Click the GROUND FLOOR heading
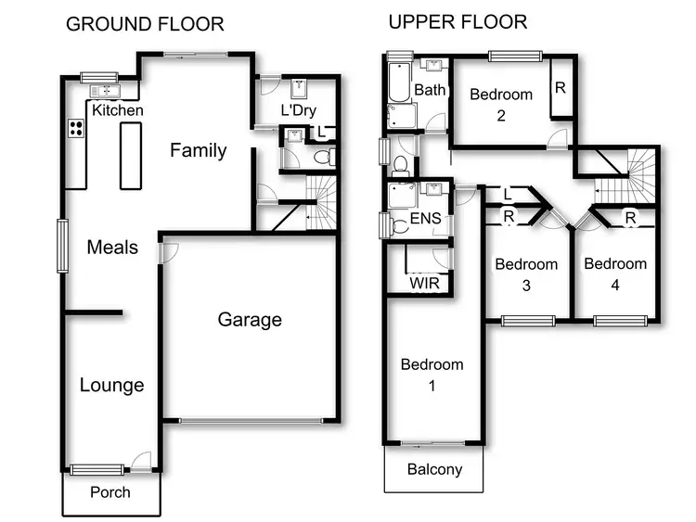point(145,24)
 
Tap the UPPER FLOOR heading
point(458,21)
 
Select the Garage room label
point(250,320)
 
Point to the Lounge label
point(111,385)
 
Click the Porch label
point(110,492)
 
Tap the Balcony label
point(434,469)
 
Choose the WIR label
point(424,282)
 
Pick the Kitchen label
point(118,110)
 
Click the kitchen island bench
point(128,153)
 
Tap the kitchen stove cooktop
point(75,129)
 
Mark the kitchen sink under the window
point(104,91)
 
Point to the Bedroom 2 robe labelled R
point(561,88)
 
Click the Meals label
point(112,247)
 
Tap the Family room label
point(198,150)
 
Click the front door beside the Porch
point(141,461)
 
